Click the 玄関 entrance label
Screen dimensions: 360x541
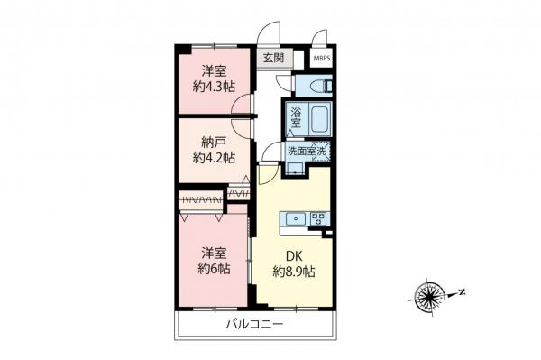[273, 57]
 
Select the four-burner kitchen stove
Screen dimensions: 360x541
[318, 218]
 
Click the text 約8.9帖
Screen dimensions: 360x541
[294, 270]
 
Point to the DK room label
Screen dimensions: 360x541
[294, 253]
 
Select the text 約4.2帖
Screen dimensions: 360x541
[214, 157]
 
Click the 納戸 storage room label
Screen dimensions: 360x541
[214, 140]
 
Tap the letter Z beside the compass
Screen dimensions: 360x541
[460, 291]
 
